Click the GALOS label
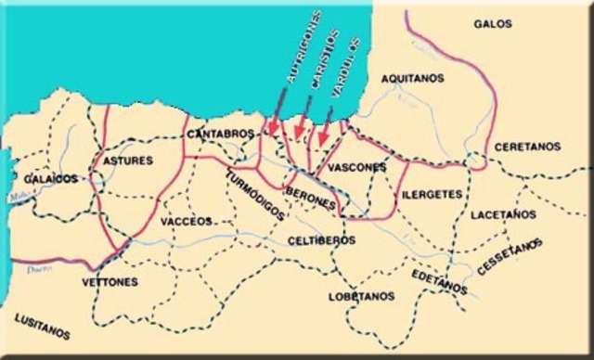click(x=493, y=24)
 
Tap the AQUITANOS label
click(x=411, y=82)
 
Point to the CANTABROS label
click(x=220, y=135)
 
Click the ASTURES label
click(x=128, y=161)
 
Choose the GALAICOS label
click(x=51, y=178)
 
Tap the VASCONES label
click(x=357, y=167)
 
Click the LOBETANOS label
click(x=362, y=297)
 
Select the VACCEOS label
click(x=186, y=222)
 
